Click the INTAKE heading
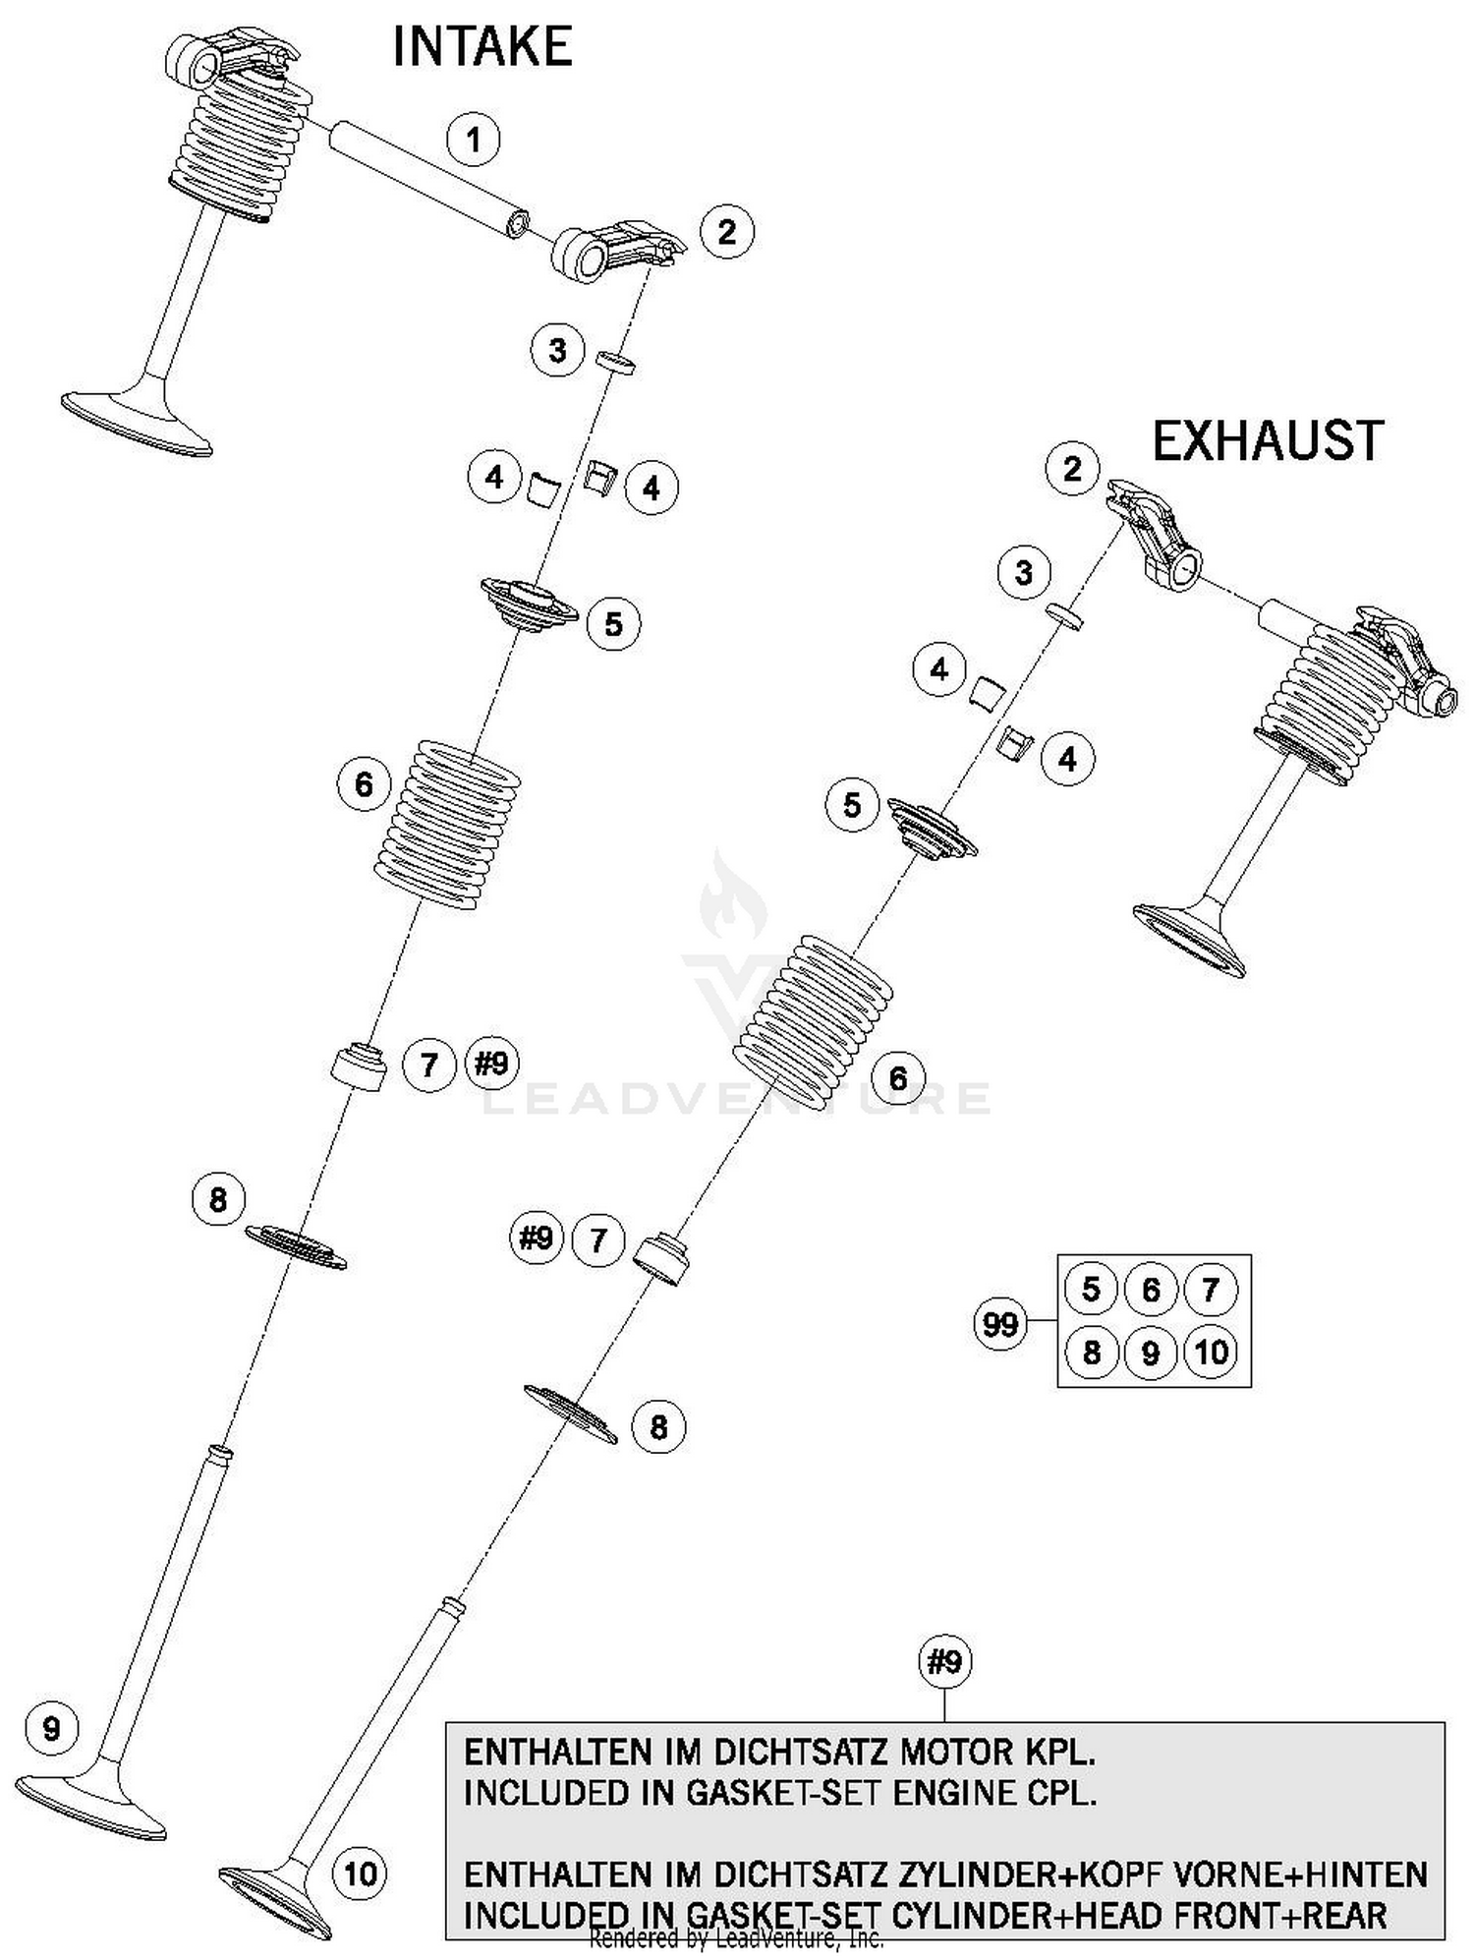[482, 47]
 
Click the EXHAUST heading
[1267, 440]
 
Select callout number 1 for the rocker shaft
[474, 140]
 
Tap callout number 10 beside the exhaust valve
[360, 1874]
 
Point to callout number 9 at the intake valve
[52, 1728]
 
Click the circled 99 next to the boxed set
[999, 1324]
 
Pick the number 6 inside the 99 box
[1151, 1290]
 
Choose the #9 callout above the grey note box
[944, 1662]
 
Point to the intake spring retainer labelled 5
[529, 606]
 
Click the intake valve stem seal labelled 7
[358, 1066]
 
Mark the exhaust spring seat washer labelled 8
[570, 1413]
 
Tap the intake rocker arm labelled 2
[615, 251]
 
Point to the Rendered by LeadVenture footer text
[736, 1938]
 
